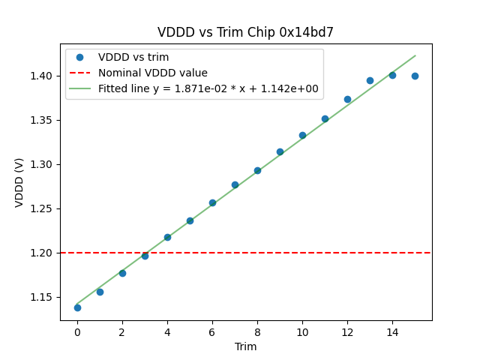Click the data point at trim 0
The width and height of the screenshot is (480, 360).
click(x=77, y=307)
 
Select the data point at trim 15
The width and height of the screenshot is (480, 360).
click(x=415, y=76)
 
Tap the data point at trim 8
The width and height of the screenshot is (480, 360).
click(x=257, y=170)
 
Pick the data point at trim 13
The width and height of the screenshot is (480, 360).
click(x=370, y=80)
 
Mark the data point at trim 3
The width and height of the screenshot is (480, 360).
click(x=145, y=256)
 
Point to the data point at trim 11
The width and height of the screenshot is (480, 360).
click(x=325, y=118)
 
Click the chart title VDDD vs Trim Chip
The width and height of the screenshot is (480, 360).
click(x=245, y=32)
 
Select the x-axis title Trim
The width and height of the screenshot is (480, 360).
click(x=245, y=346)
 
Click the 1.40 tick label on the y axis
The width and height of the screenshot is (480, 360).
click(x=43, y=76)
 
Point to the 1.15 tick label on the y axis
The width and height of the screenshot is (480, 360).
click(x=43, y=297)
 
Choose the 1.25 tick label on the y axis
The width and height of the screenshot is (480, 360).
click(x=43, y=208)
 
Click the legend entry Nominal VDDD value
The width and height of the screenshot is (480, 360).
click(x=153, y=73)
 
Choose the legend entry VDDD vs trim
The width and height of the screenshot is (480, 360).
click(x=133, y=57)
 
